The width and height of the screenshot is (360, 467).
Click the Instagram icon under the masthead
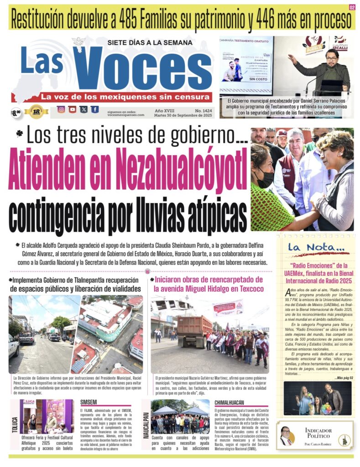tap(61, 109)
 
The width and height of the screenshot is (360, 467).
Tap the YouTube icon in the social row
tap(72, 109)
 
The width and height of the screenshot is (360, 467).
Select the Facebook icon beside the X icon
tap(94, 109)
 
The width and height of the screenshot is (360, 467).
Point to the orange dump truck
tap(194, 331)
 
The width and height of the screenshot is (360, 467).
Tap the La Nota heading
tap(312, 248)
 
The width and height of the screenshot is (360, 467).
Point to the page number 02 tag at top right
tap(352, 7)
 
